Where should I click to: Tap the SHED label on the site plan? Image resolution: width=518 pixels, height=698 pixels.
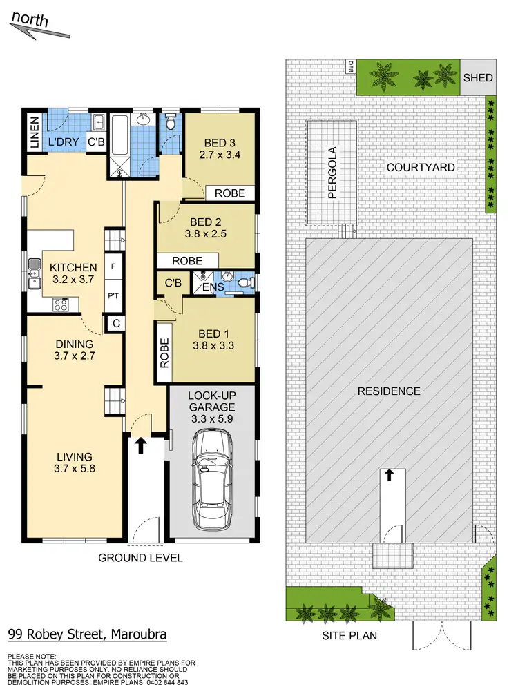coord(478,77)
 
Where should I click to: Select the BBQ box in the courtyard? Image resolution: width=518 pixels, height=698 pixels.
coord(351,66)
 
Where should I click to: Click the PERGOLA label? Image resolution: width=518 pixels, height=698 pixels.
coord(332,173)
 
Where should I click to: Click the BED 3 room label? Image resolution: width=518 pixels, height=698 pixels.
coord(218,142)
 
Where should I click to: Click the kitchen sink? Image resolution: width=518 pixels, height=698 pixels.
coord(32,275)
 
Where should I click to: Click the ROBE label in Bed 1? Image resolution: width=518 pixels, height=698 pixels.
coord(164,353)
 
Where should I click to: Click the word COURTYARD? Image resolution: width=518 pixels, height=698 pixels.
coord(420,167)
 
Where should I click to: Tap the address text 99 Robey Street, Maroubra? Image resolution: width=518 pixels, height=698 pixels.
coord(87,634)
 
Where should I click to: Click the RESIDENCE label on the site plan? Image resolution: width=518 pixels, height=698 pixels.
coord(389,391)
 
